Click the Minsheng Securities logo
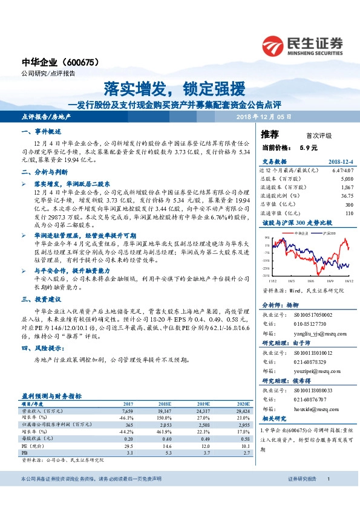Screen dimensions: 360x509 [x=303, y=45]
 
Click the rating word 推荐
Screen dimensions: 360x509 [x=270, y=134]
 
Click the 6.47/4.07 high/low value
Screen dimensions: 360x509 [x=341, y=171]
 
